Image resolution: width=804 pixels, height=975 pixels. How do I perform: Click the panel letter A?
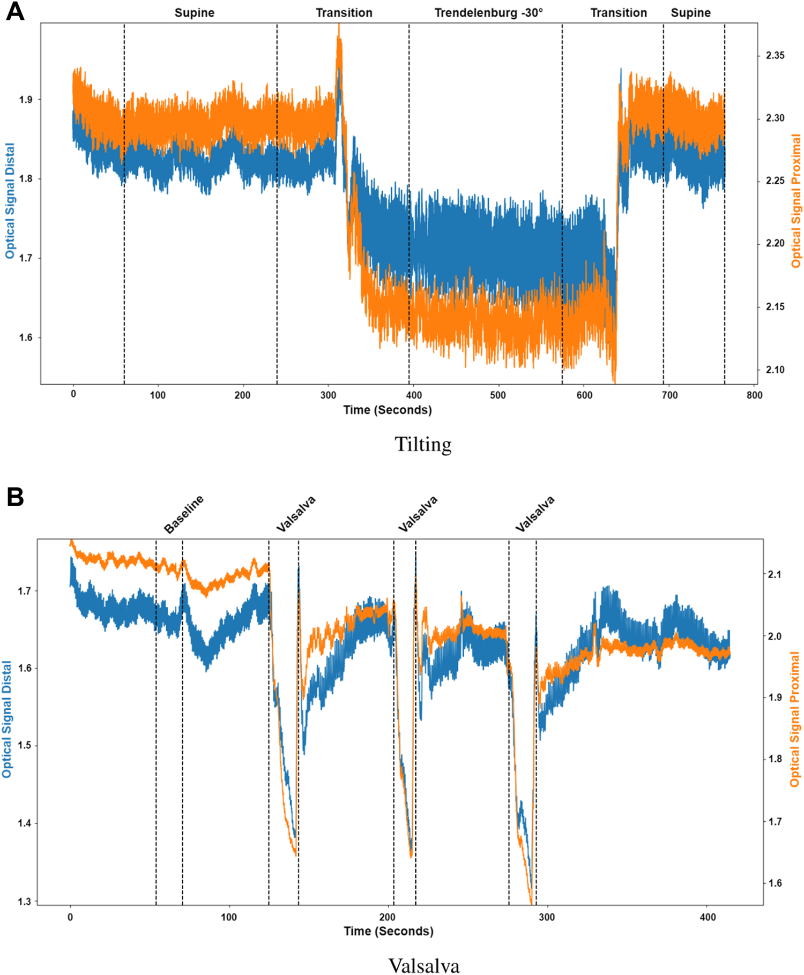coord(15,11)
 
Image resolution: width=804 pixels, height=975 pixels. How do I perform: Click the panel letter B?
coord(15,497)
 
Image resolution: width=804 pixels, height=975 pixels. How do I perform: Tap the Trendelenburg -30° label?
coord(488,13)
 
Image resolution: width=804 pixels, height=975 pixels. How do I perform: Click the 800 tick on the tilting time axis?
coord(754,395)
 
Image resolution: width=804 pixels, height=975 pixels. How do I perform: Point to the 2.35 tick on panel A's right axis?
coord(775,56)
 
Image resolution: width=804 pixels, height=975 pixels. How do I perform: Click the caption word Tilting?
coord(423,445)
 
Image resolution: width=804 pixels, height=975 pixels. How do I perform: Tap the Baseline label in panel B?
coord(184,514)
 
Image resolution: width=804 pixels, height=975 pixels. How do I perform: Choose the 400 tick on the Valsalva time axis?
coord(708,917)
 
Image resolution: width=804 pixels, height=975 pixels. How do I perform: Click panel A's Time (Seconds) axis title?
coord(388,410)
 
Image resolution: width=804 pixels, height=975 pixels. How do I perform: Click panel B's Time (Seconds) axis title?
coord(388,932)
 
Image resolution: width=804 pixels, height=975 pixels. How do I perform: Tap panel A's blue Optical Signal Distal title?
coord(10,201)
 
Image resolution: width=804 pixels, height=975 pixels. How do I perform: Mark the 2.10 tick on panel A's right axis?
coord(775,370)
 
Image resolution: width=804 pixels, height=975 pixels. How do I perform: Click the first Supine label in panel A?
coord(194,13)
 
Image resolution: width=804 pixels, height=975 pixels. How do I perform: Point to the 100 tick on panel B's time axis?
coord(229,917)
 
